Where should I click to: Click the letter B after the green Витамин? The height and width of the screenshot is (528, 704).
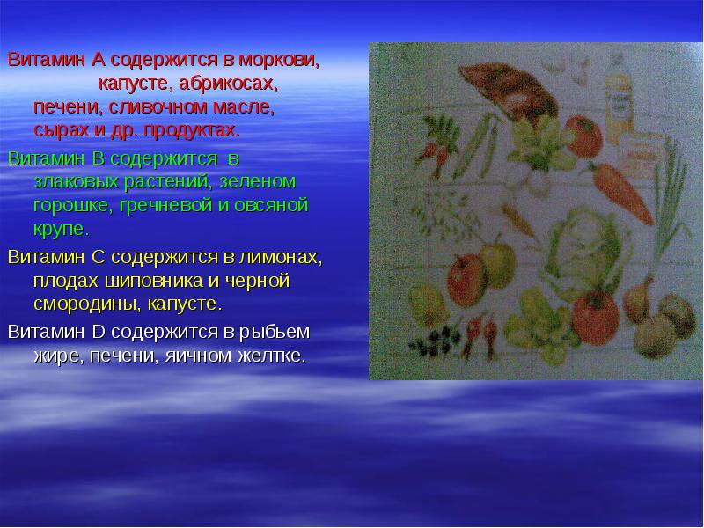click(99, 158)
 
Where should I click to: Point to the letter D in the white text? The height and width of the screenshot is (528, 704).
click(99, 332)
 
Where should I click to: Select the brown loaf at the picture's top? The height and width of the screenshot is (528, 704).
click(508, 90)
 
